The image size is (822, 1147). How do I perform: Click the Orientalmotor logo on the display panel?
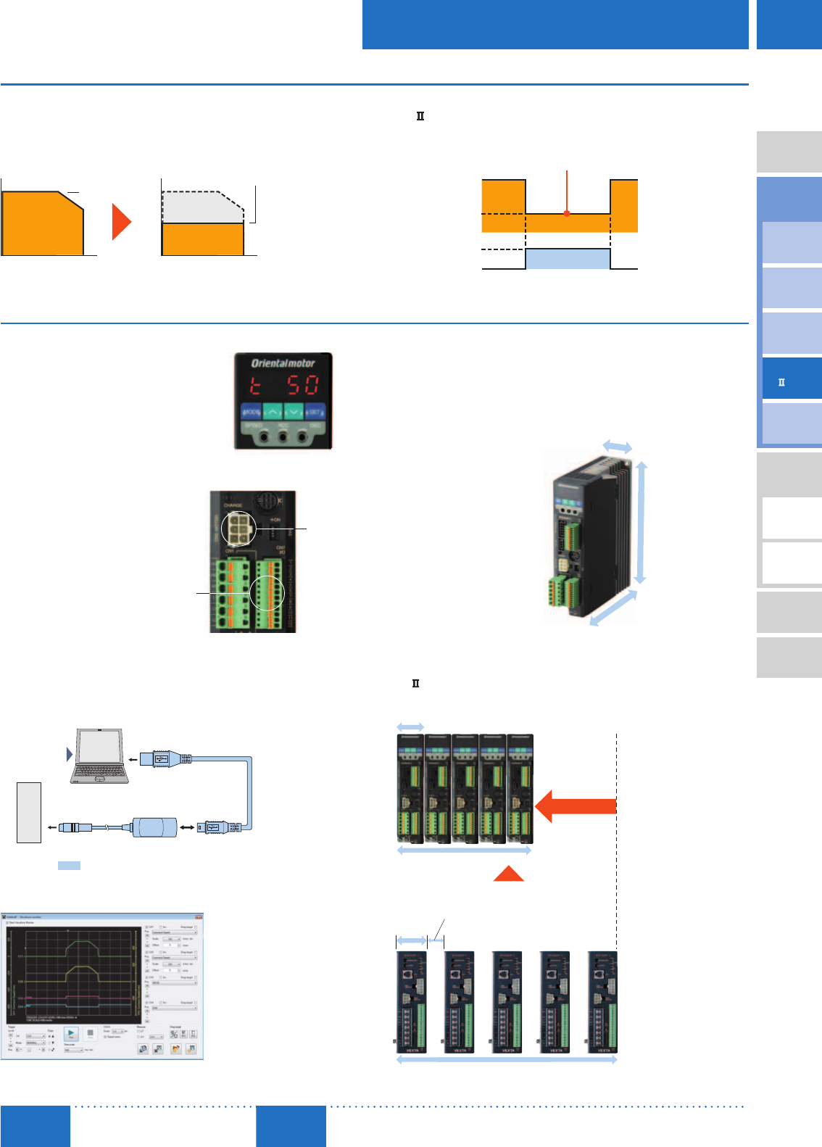point(283,363)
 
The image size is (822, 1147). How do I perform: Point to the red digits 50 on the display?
point(302,385)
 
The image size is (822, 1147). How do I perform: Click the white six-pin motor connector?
point(238,529)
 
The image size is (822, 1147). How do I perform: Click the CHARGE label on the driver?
point(233,505)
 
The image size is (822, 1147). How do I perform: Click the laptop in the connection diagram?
point(100,756)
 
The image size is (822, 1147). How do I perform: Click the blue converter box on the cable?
point(155,827)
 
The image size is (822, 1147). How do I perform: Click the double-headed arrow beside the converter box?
point(187,827)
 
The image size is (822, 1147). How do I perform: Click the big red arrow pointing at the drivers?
point(576,806)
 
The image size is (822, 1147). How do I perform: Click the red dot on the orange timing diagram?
point(567,213)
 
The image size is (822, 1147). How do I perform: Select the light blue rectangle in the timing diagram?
point(568,259)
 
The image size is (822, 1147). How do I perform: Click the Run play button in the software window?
point(71,1035)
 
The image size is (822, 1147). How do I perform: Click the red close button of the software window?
point(199,917)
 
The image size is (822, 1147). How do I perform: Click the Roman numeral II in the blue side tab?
point(781,382)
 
